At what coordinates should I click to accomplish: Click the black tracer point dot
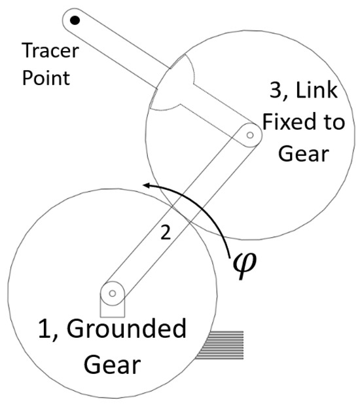pos(75,21)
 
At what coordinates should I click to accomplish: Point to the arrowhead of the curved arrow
pos(148,186)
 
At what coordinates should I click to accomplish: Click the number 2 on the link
pos(166,233)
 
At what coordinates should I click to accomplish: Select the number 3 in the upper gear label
pos(273,91)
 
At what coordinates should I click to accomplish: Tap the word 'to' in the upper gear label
pos(333,123)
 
